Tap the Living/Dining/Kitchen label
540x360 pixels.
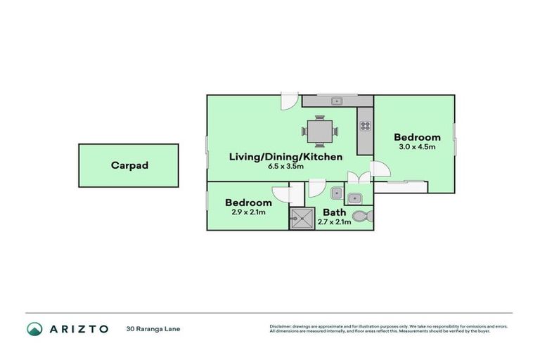[285, 157]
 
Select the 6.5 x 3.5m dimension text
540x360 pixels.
[285, 167]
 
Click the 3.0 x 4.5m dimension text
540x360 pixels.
[417, 147]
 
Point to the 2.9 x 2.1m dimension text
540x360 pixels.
[248, 212]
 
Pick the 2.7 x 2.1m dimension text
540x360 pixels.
[334, 221]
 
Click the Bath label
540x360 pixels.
[333, 212]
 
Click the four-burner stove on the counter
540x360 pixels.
[365, 127]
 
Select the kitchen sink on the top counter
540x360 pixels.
[336, 101]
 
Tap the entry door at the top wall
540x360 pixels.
[287, 103]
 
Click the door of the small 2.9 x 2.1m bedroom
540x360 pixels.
[282, 196]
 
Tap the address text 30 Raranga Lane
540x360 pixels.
[153, 328]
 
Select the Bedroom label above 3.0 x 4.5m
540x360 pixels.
[417, 137]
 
